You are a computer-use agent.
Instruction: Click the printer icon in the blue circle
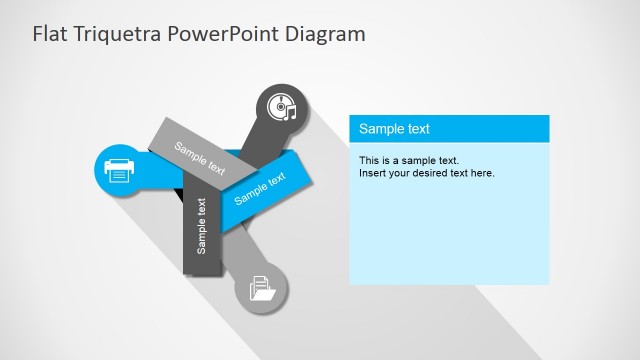[118, 171]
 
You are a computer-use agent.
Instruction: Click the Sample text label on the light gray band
[200, 158]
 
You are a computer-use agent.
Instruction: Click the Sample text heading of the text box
[394, 129]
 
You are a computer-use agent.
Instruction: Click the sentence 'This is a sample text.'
[408, 160]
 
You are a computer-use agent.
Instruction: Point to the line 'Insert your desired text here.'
[427, 173]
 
